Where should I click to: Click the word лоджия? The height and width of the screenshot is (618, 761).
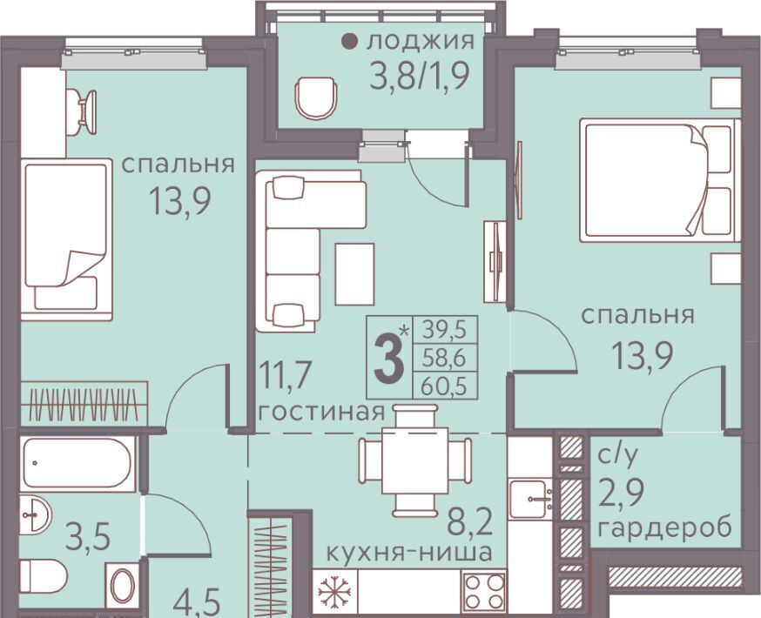point(421,42)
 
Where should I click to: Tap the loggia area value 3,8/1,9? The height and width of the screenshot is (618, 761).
point(420,77)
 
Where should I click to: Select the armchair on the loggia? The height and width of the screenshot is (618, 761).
point(317,98)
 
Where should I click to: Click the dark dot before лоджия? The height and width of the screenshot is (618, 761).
point(348,42)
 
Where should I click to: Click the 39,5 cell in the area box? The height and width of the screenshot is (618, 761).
point(444,331)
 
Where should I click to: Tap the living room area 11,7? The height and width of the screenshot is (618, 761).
point(285,375)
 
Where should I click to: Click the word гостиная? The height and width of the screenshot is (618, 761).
point(321,413)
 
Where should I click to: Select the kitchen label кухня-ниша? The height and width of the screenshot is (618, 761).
point(408,552)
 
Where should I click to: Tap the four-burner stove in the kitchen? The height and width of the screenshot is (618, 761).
point(484,591)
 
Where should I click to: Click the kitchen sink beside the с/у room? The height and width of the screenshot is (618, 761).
point(530,497)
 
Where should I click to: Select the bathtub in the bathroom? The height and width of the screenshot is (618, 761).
point(77,463)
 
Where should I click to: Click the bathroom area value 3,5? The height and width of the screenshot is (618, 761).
point(87,538)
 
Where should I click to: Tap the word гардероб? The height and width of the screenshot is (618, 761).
point(665,527)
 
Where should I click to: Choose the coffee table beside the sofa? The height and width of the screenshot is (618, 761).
point(354,274)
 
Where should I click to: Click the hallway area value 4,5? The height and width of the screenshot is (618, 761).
point(197,603)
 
